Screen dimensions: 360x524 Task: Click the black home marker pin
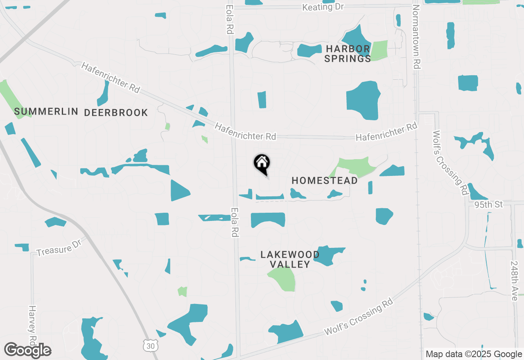coord(262,164)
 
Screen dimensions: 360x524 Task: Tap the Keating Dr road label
coord(323,7)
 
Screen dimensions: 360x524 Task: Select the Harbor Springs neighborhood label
coord(348,54)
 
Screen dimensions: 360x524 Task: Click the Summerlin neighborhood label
coord(46,111)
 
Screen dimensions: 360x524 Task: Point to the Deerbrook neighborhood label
coord(116,112)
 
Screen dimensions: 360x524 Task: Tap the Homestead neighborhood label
coord(325,180)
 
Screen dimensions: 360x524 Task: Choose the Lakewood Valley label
coord(290,259)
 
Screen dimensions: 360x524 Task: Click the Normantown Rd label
coord(417,37)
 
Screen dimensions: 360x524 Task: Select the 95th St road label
coord(488,205)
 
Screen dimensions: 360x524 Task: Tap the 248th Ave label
coord(515,281)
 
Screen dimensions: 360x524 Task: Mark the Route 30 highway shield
coord(149,346)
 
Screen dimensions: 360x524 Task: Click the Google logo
coord(28,350)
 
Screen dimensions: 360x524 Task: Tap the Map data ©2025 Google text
coord(473,354)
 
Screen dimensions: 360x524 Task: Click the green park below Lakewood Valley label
coord(283,279)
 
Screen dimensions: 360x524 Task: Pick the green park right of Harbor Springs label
coord(379,50)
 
